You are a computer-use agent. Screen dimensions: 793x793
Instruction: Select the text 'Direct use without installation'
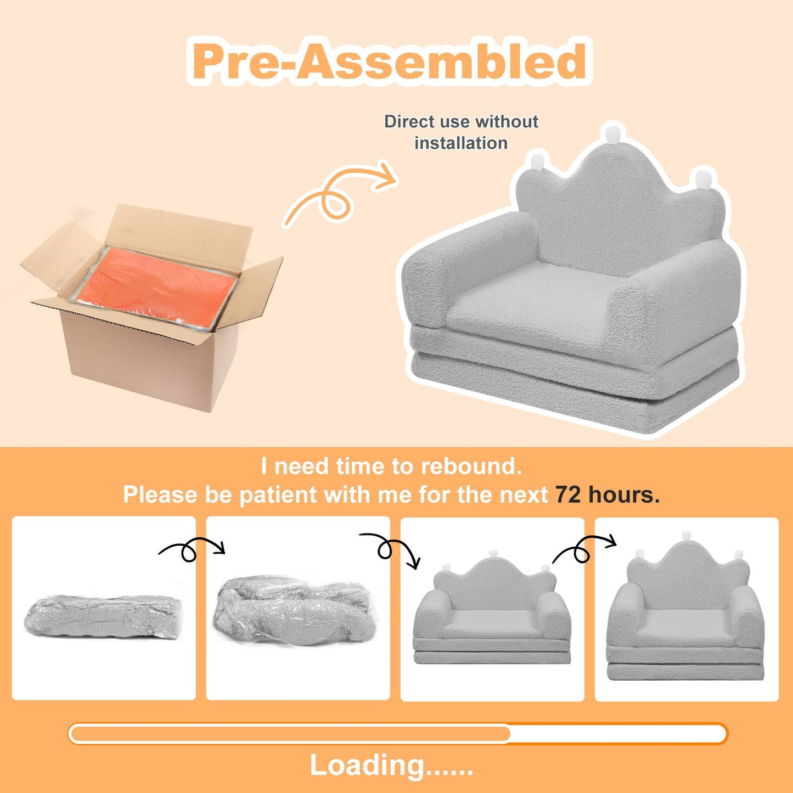point(461,132)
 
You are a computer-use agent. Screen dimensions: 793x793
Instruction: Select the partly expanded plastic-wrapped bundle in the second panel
point(293,610)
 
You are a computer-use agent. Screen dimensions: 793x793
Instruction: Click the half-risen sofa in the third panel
point(492,608)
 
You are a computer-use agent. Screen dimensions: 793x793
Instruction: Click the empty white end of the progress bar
point(618,734)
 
